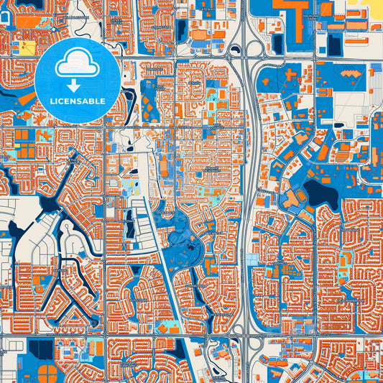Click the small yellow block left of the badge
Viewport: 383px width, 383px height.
[x=28, y=48]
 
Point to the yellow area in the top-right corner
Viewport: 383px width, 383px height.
[x=373, y=7]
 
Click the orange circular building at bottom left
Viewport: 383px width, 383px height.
[x=48, y=373]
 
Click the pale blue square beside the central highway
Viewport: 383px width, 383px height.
[x=252, y=259]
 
